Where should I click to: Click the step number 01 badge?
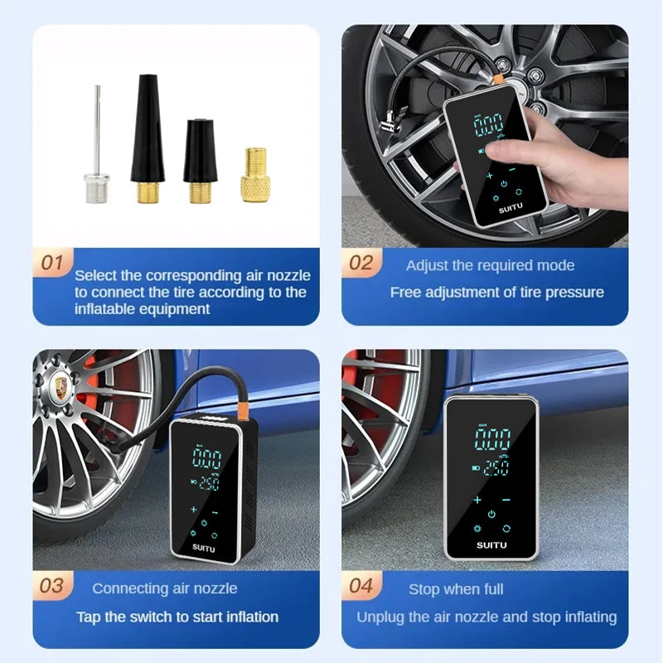tap(52, 264)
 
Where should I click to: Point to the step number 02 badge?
tap(361, 264)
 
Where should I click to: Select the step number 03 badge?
tap(52, 586)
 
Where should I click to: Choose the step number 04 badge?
tap(361, 586)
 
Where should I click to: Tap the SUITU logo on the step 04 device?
tap(491, 544)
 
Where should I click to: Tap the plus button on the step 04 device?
tap(477, 500)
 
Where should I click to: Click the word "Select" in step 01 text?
tap(96, 275)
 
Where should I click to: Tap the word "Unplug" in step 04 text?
tap(379, 617)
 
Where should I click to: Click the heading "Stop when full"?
tap(456, 589)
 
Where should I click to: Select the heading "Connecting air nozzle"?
tap(164, 588)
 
